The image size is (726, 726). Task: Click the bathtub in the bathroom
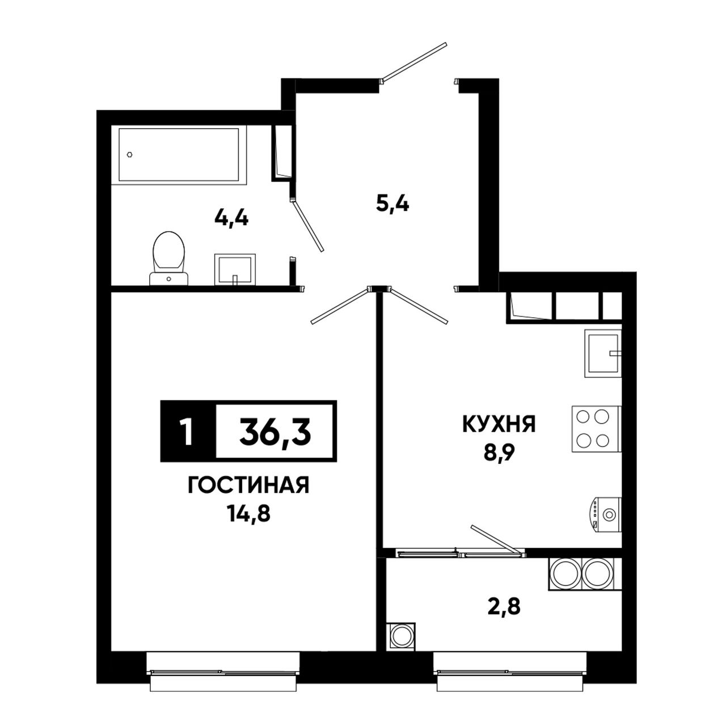(x=179, y=155)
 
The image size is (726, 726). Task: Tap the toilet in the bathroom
(x=168, y=259)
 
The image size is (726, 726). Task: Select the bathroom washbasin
(x=235, y=269)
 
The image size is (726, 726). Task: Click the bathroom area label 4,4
(x=231, y=218)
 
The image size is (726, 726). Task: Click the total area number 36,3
(x=275, y=432)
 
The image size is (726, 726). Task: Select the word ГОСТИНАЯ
(x=248, y=485)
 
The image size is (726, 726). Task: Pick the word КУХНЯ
(x=499, y=425)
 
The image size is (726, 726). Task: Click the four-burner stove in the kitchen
(x=596, y=429)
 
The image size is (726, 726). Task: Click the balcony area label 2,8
(x=504, y=607)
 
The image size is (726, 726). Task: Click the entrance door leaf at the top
(x=413, y=62)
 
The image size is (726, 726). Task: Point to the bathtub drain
(x=129, y=154)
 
